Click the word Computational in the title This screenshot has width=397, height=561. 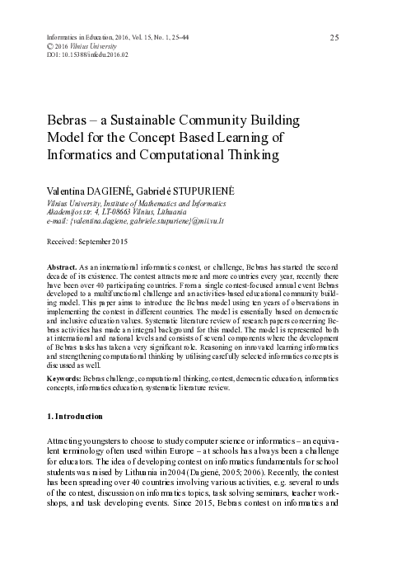tap(207, 153)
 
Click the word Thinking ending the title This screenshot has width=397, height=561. tap(256, 153)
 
